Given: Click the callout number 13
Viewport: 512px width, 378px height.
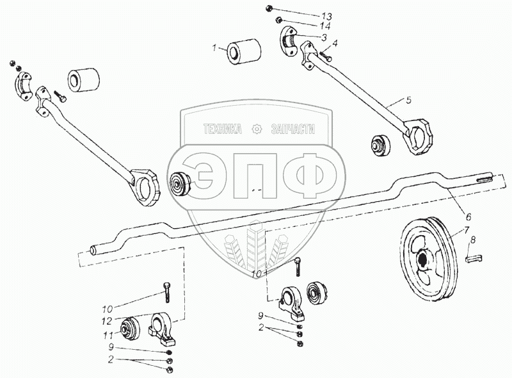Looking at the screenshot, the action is [x=326, y=17].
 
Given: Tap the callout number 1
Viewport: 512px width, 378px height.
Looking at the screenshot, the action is [x=214, y=49].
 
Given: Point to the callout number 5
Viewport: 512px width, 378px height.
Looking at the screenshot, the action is [x=409, y=100].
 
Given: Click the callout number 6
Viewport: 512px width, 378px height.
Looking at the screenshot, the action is [x=468, y=217].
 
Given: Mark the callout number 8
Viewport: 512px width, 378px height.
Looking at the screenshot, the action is [x=473, y=240].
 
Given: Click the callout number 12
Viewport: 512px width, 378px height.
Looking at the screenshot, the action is [x=107, y=321].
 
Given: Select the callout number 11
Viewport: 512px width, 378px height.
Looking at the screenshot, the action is [x=108, y=336].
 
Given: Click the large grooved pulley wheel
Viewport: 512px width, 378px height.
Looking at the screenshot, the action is [x=428, y=258].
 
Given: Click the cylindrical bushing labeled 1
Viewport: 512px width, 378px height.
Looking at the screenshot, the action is [x=244, y=52].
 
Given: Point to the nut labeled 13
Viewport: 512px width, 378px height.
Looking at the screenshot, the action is [x=269, y=8].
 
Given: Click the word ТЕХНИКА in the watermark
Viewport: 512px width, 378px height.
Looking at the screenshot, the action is [x=223, y=129].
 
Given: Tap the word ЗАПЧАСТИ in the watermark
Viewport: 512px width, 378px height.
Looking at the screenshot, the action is [x=293, y=129].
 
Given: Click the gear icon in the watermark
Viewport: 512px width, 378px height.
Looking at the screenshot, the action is [x=257, y=129].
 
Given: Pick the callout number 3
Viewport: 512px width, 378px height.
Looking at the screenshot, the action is [x=324, y=38].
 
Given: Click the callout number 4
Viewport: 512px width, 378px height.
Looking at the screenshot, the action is [x=335, y=43].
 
